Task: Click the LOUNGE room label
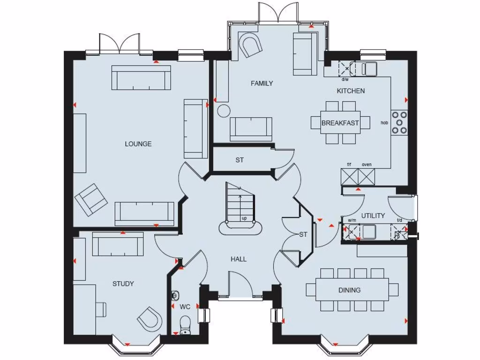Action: pos(138,144)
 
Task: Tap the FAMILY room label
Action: pos(262,83)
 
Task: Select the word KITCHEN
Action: pos(351,91)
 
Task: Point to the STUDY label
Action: pos(123,284)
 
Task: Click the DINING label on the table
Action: pos(350,290)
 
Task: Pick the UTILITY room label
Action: pos(373,216)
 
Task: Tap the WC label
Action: pos(185,307)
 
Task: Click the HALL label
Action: pos(238,259)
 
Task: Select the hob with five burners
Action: pos(399,123)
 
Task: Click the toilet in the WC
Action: pos(185,324)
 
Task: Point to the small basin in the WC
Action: pos(175,295)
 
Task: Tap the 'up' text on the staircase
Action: pos(244,218)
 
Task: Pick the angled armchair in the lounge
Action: pos(91,199)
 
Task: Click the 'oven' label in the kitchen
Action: pos(367,165)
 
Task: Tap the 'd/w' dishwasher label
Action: pos(345,80)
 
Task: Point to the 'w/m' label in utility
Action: pos(352,220)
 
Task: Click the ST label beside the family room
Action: pos(240,160)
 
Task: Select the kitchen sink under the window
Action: pos(369,69)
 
